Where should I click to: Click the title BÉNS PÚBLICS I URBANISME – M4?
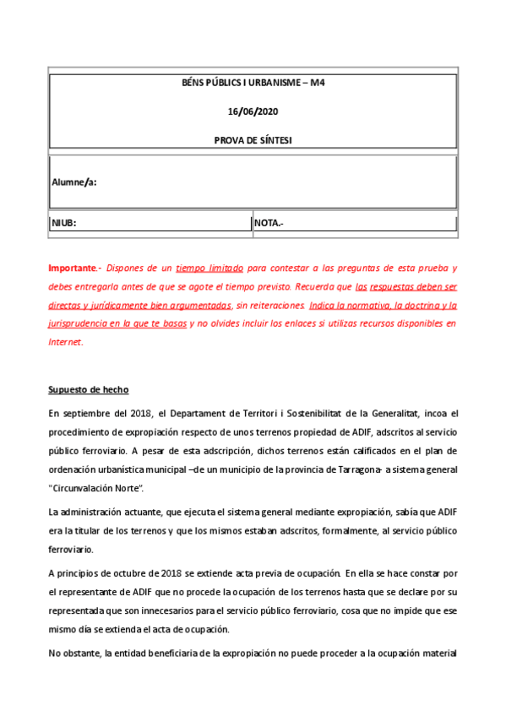[253, 84]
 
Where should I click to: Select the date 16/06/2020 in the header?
[253, 111]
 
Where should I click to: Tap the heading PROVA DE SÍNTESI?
[253, 140]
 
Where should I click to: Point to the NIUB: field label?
[64, 224]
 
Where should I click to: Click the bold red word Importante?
[73, 268]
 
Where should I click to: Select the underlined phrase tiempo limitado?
[209, 268]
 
